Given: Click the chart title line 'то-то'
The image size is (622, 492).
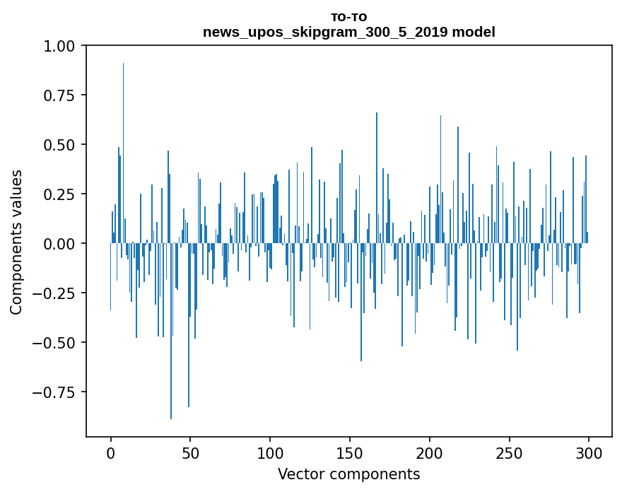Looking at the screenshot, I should tap(349, 17).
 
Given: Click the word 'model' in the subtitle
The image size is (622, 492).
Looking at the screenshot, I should tap(474, 32).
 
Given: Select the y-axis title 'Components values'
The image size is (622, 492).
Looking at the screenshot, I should tap(16, 242).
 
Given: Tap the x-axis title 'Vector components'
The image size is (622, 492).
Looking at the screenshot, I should tap(349, 474).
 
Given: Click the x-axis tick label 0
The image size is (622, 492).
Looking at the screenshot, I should tap(110, 453).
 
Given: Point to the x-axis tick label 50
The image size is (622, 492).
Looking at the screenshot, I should tap(190, 453).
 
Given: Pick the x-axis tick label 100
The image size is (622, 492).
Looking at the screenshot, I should tap(270, 453).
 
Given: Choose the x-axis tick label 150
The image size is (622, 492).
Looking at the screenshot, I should tap(350, 453).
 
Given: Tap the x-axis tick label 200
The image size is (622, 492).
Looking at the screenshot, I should tap(430, 453).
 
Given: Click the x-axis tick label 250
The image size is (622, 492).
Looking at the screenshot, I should tap(509, 453).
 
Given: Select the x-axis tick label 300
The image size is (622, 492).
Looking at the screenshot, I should tap(589, 453).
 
